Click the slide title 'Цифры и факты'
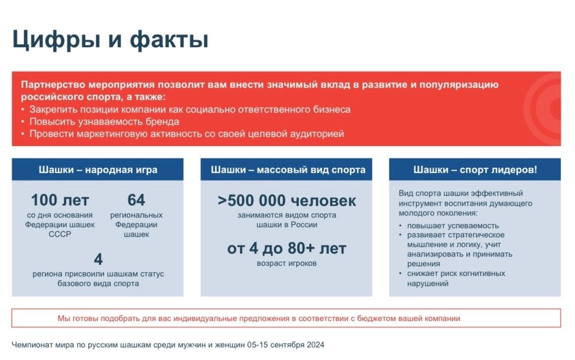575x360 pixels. point(111,39)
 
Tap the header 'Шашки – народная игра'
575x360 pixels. point(98,170)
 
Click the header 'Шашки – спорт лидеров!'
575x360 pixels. point(475,170)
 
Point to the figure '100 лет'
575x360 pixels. point(60,200)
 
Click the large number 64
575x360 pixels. point(136,200)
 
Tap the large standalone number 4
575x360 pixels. point(98,259)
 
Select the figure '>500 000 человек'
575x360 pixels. point(286,200)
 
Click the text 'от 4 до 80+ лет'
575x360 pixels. point(286,248)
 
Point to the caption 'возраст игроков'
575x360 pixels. point(286,263)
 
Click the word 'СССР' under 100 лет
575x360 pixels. point(60,234)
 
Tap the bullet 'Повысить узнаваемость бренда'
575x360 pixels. point(104,122)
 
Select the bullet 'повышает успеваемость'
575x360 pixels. point(453,226)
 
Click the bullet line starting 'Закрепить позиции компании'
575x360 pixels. point(190,109)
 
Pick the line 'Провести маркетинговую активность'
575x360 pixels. point(187,134)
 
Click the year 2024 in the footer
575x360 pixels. point(315,345)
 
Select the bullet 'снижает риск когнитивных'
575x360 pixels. point(456,273)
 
